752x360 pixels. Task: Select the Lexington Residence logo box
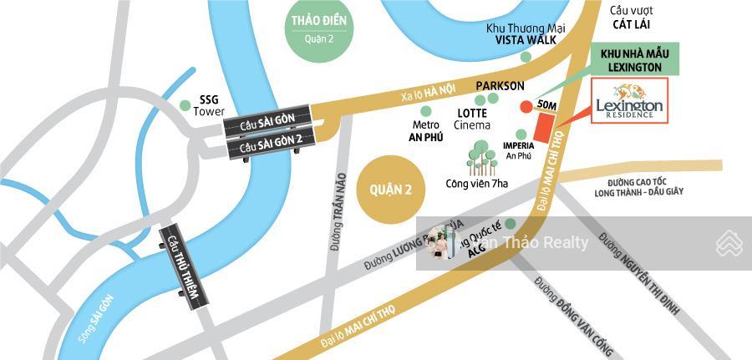pos(629,101)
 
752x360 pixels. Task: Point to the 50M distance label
pos(547,105)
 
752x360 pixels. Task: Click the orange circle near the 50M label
pos(526,107)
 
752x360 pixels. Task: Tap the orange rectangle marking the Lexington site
pos(545,128)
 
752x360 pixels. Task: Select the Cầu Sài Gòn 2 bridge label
pos(269,146)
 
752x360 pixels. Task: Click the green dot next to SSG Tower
pos(185,105)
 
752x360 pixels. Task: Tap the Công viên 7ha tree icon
pos(480,157)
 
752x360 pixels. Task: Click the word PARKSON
pos(500,86)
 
